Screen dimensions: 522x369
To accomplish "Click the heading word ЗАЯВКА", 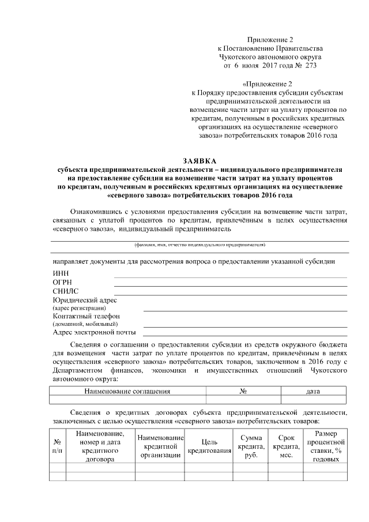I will pyautogui.click(x=199, y=161).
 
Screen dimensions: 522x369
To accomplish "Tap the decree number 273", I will pyautogui.click(x=309, y=66).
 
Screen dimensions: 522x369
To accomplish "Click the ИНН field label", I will pyautogui.click(x=60, y=273).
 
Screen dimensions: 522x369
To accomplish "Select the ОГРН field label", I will pyautogui.click(x=62, y=283).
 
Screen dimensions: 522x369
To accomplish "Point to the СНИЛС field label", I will pyautogui.click(x=65, y=291).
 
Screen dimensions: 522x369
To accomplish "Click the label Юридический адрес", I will pyautogui.click(x=84, y=300).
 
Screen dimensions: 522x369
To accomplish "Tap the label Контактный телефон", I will pyautogui.click(x=86, y=316).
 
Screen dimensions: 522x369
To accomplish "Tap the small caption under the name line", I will pyautogui.click(x=199, y=245).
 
